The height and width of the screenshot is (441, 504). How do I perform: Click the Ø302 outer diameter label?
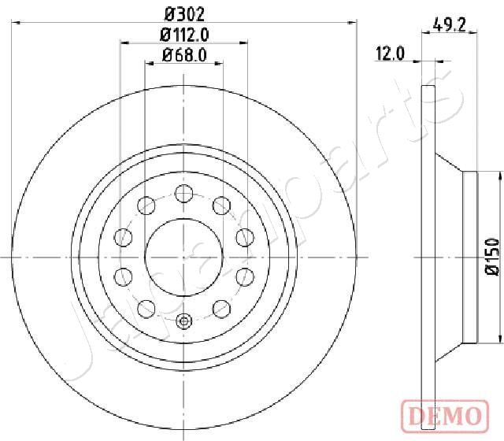pyautogui.click(x=184, y=14)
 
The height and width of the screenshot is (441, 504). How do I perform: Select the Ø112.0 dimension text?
pyautogui.click(x=184, y=35)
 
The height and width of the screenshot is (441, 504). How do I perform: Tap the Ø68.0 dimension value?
pyautogui.click(x=184, y=55)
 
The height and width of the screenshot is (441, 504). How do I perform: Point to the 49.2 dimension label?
pyautogui.click(x=449, y=24)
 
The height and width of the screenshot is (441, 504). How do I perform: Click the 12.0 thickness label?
pyautogui.click(x=391, y=54)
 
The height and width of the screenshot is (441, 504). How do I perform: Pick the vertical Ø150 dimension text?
pyautogui.click(x=493, y=257)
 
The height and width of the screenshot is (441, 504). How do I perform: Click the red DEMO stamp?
pyautogui.click(x=446, y=416)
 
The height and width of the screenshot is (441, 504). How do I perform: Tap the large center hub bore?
pyautogui.click(x=183, y=258)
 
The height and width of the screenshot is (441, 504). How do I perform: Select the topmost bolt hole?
pyautogui.click(x=183, y=194)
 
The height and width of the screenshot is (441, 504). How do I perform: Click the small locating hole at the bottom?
pyautogui.click(x=183, y=321)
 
